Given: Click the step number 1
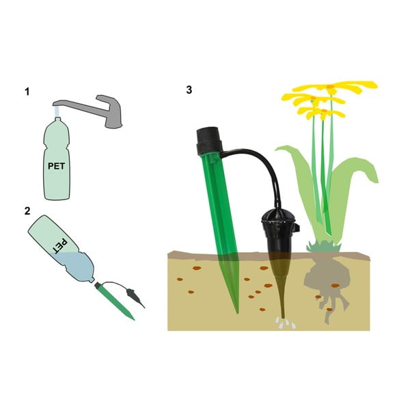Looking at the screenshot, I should (x=27, y=91).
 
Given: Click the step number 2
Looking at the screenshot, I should (x=27, y=210).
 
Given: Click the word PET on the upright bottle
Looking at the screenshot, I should (x=57, y=165).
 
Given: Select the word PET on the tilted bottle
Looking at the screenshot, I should (x=61, y=244).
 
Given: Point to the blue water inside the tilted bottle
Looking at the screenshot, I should (x=81, y=267).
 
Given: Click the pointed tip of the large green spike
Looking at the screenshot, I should (x=236, y=309).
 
